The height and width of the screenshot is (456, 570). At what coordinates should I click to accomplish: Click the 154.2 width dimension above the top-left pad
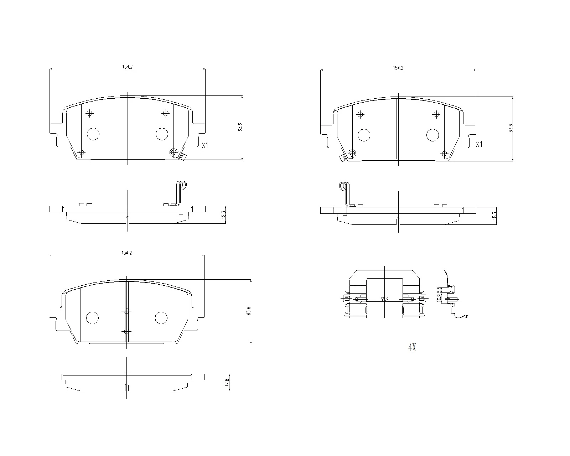[127, 67]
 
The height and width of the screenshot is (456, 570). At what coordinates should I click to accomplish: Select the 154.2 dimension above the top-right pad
[398, 68]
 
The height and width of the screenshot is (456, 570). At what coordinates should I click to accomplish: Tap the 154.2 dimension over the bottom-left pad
[126, 253]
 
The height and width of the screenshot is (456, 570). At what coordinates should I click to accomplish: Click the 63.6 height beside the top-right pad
[511, 128]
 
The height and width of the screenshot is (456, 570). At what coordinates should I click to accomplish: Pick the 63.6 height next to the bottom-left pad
[249, 311]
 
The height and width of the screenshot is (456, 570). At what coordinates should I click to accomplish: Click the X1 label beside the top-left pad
[204, 145]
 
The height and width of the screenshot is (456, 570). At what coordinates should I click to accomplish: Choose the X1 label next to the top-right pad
[479, 144]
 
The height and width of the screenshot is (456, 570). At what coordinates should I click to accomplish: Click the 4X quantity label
[412, 348]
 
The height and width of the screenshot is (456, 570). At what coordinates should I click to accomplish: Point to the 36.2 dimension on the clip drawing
[384, 300]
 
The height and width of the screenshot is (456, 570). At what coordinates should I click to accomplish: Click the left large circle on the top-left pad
[93, 134]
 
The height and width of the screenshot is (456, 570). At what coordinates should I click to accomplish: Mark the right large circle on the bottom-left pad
[161, 318]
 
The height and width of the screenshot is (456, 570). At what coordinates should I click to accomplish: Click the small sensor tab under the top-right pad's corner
[343, 159]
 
